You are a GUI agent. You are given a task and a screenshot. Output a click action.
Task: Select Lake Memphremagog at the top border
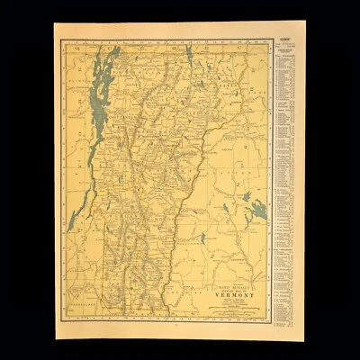coord(189,55)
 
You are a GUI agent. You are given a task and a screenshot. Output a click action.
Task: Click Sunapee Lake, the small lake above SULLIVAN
coord(203,238)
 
